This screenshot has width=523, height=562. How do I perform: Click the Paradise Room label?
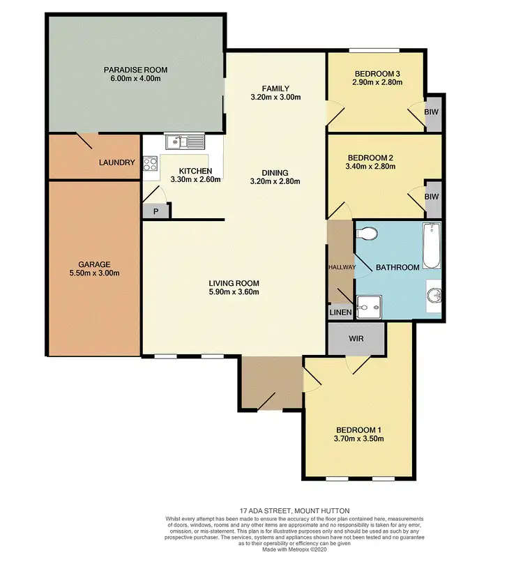[135, 70]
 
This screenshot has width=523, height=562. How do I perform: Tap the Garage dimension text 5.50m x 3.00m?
[94, 273]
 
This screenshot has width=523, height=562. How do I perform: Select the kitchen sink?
[185, 143]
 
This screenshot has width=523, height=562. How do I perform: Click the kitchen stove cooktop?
[150, 165]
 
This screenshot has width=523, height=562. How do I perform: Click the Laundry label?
[116, 162]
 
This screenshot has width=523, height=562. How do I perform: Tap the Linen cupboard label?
[340, 313]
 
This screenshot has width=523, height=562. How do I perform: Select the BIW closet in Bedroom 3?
[432, 112]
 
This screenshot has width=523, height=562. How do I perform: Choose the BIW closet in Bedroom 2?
[432, 197]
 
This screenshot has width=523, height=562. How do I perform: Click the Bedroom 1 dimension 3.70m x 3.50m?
[360, 439]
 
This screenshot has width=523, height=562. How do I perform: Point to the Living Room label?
[234, 283]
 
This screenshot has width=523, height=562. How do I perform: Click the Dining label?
[275, 173]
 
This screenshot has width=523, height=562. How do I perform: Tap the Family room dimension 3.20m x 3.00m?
[275, 97]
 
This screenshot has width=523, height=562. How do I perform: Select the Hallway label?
[342, 267]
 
